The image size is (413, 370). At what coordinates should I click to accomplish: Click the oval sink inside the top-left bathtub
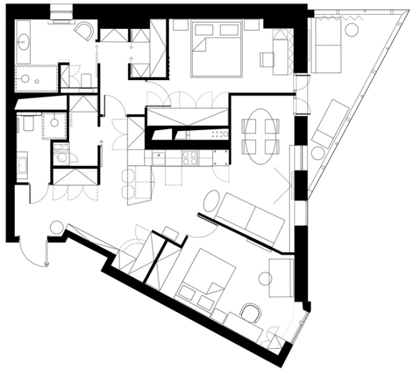pyautogui.click(x=23, y=43)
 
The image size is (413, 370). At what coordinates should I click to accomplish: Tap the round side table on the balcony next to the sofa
pyautogui.click(x=353, y=30)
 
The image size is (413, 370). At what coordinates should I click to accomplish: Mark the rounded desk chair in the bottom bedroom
pyautogui.click(x=250, y=313)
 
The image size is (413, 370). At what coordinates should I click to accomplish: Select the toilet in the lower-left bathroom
pyautogui.click(x=28, y=125)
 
